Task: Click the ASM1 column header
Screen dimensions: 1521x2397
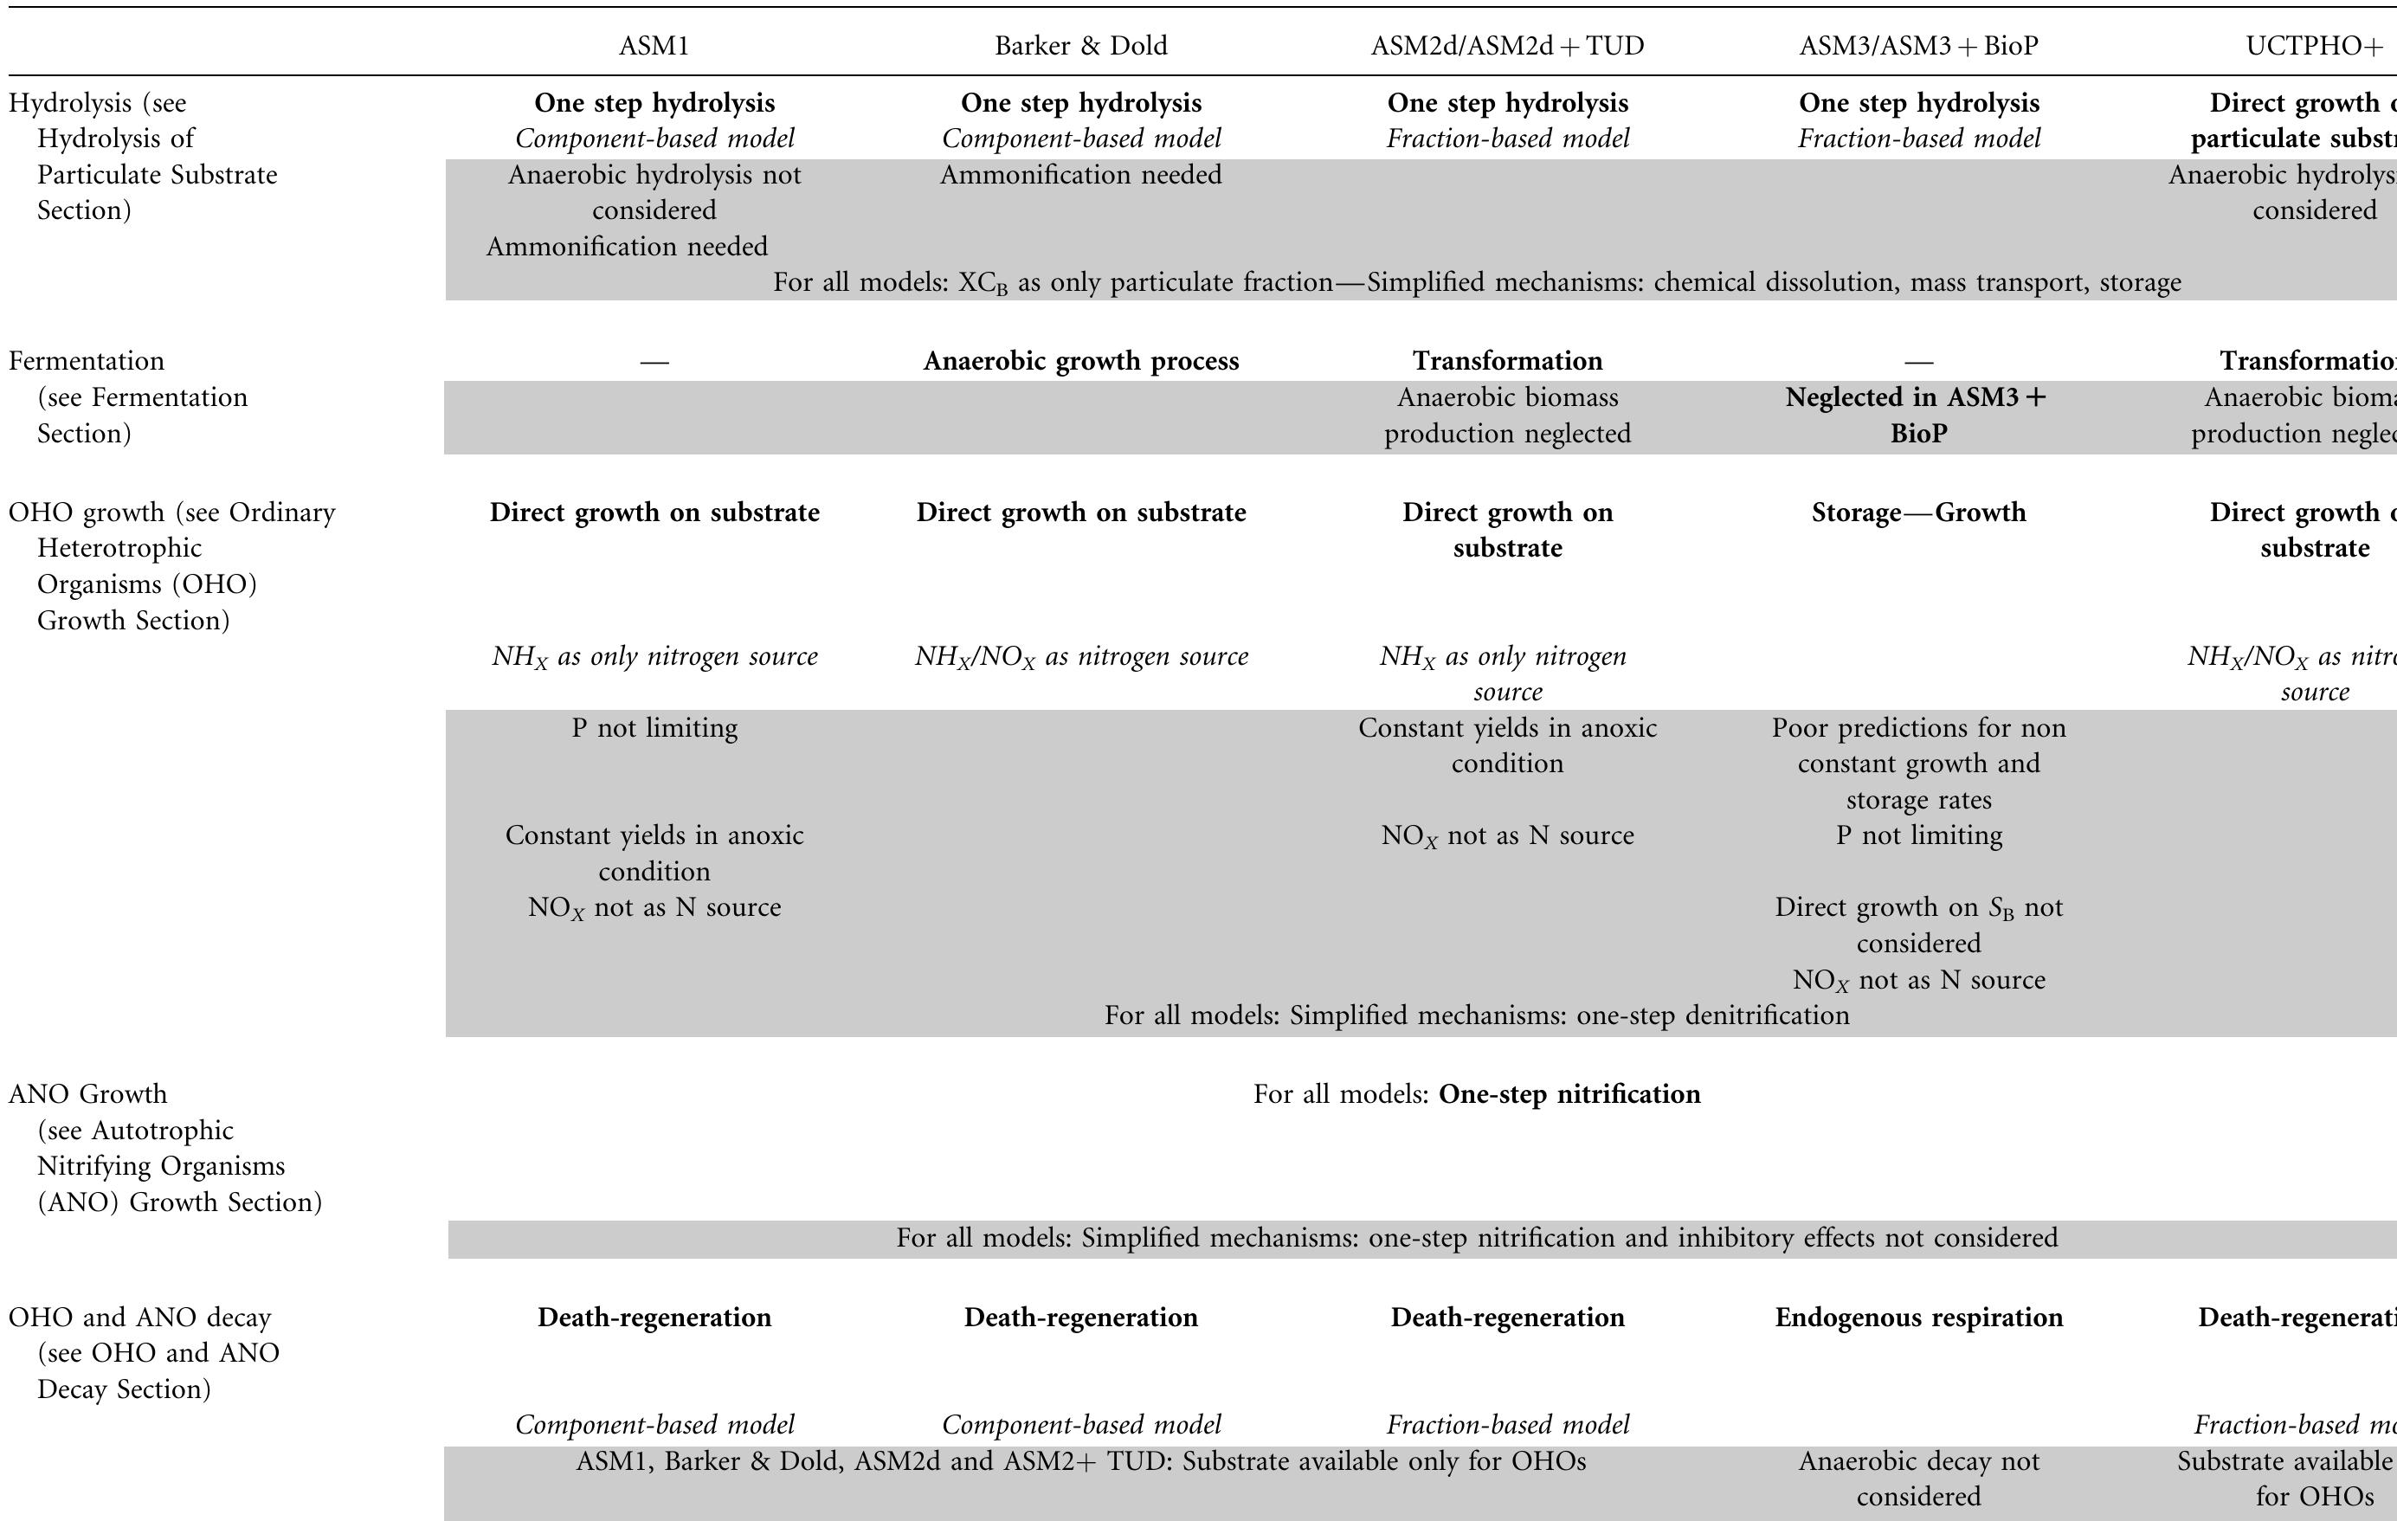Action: (654, 46)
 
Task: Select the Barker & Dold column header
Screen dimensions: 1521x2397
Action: (1081, 46)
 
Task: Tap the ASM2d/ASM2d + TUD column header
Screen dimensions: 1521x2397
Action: (1507, 46)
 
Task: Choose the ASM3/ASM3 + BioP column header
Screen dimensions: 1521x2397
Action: (1918, 46)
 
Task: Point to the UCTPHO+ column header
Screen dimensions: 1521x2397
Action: (2315, 46)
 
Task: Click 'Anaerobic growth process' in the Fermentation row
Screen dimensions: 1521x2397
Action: (1081, 360)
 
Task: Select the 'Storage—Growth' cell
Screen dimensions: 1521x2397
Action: (1918, 512)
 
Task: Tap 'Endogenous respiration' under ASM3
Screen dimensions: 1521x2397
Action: (1918, 1317)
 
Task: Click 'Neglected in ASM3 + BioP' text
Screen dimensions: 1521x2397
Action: (1918, 415)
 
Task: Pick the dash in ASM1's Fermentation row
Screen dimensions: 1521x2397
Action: (654, 361)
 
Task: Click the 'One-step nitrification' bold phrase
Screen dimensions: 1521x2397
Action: (1569, 1094)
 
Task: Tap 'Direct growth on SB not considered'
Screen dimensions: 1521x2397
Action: (1918, 925)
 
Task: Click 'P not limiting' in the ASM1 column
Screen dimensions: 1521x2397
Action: (654, 728)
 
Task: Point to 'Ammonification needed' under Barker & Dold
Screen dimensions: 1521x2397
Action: (1081, 175)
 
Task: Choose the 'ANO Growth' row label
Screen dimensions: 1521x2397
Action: (87, 1094)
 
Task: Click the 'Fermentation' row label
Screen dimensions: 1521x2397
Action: (87, 360)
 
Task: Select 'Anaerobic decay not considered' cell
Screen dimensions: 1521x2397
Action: (1918, 1479)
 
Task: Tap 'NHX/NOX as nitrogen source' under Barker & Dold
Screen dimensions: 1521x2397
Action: (1081, 656)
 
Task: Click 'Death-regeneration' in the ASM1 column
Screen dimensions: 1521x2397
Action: (654, 1317)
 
